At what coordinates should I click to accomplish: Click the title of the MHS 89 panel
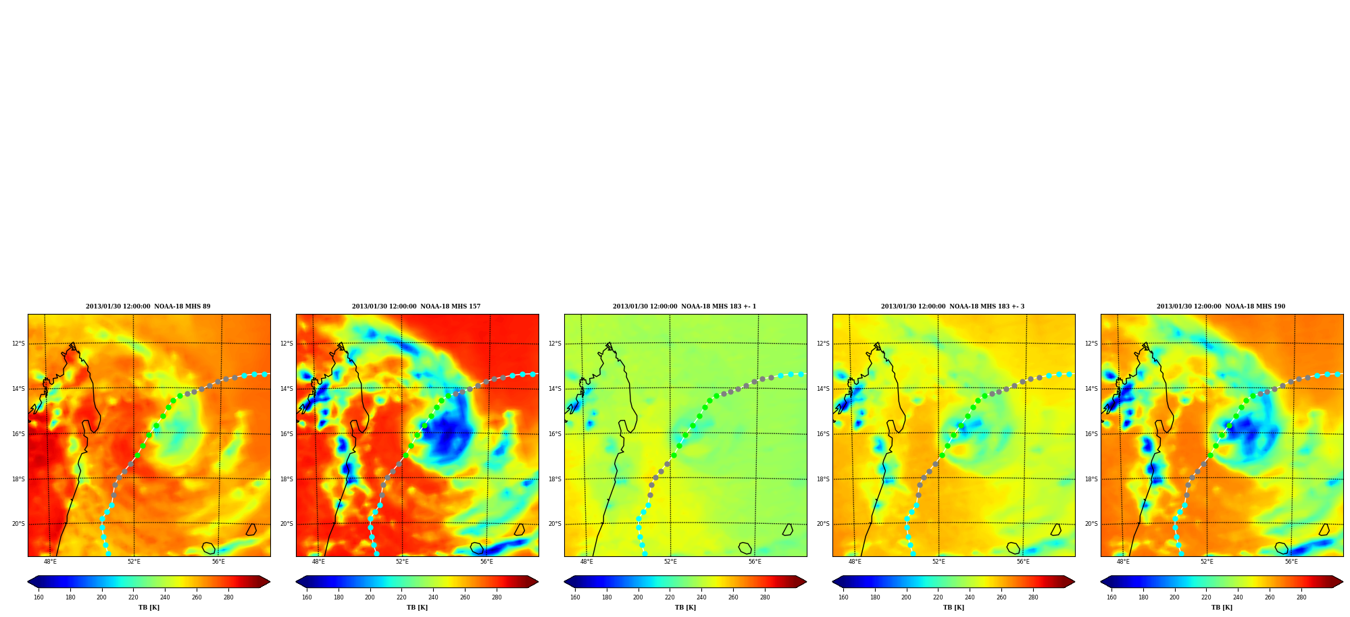[x=148, y=306]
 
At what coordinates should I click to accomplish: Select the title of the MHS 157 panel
[x=416, y=306]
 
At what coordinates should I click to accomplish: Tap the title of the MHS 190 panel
[x=1221, y=306]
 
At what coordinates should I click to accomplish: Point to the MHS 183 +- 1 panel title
[x=684, y=306]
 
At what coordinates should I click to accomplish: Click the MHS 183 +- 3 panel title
[x=953, y=306]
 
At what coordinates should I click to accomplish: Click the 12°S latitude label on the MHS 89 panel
[x=18, y=344]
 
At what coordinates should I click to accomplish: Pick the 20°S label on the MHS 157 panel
[x=286, y=524]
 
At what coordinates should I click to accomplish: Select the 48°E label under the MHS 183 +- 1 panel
[x=586, y=562]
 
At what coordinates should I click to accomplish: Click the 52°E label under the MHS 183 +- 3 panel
[x=939, y=562]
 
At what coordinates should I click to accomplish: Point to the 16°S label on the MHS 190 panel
[x=1091, y=434]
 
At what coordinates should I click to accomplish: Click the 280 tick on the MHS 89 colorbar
[x=228, y=597]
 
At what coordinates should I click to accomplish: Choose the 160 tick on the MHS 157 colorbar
[x=307, y=597]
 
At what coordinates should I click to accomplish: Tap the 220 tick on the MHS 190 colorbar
[x=1206, y=597]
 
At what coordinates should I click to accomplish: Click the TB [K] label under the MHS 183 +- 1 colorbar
[x=685, y=608]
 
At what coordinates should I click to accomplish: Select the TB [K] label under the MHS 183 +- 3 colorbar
[x=953, y=608]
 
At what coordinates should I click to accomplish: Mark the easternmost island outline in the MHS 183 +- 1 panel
[x=788, y=530]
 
